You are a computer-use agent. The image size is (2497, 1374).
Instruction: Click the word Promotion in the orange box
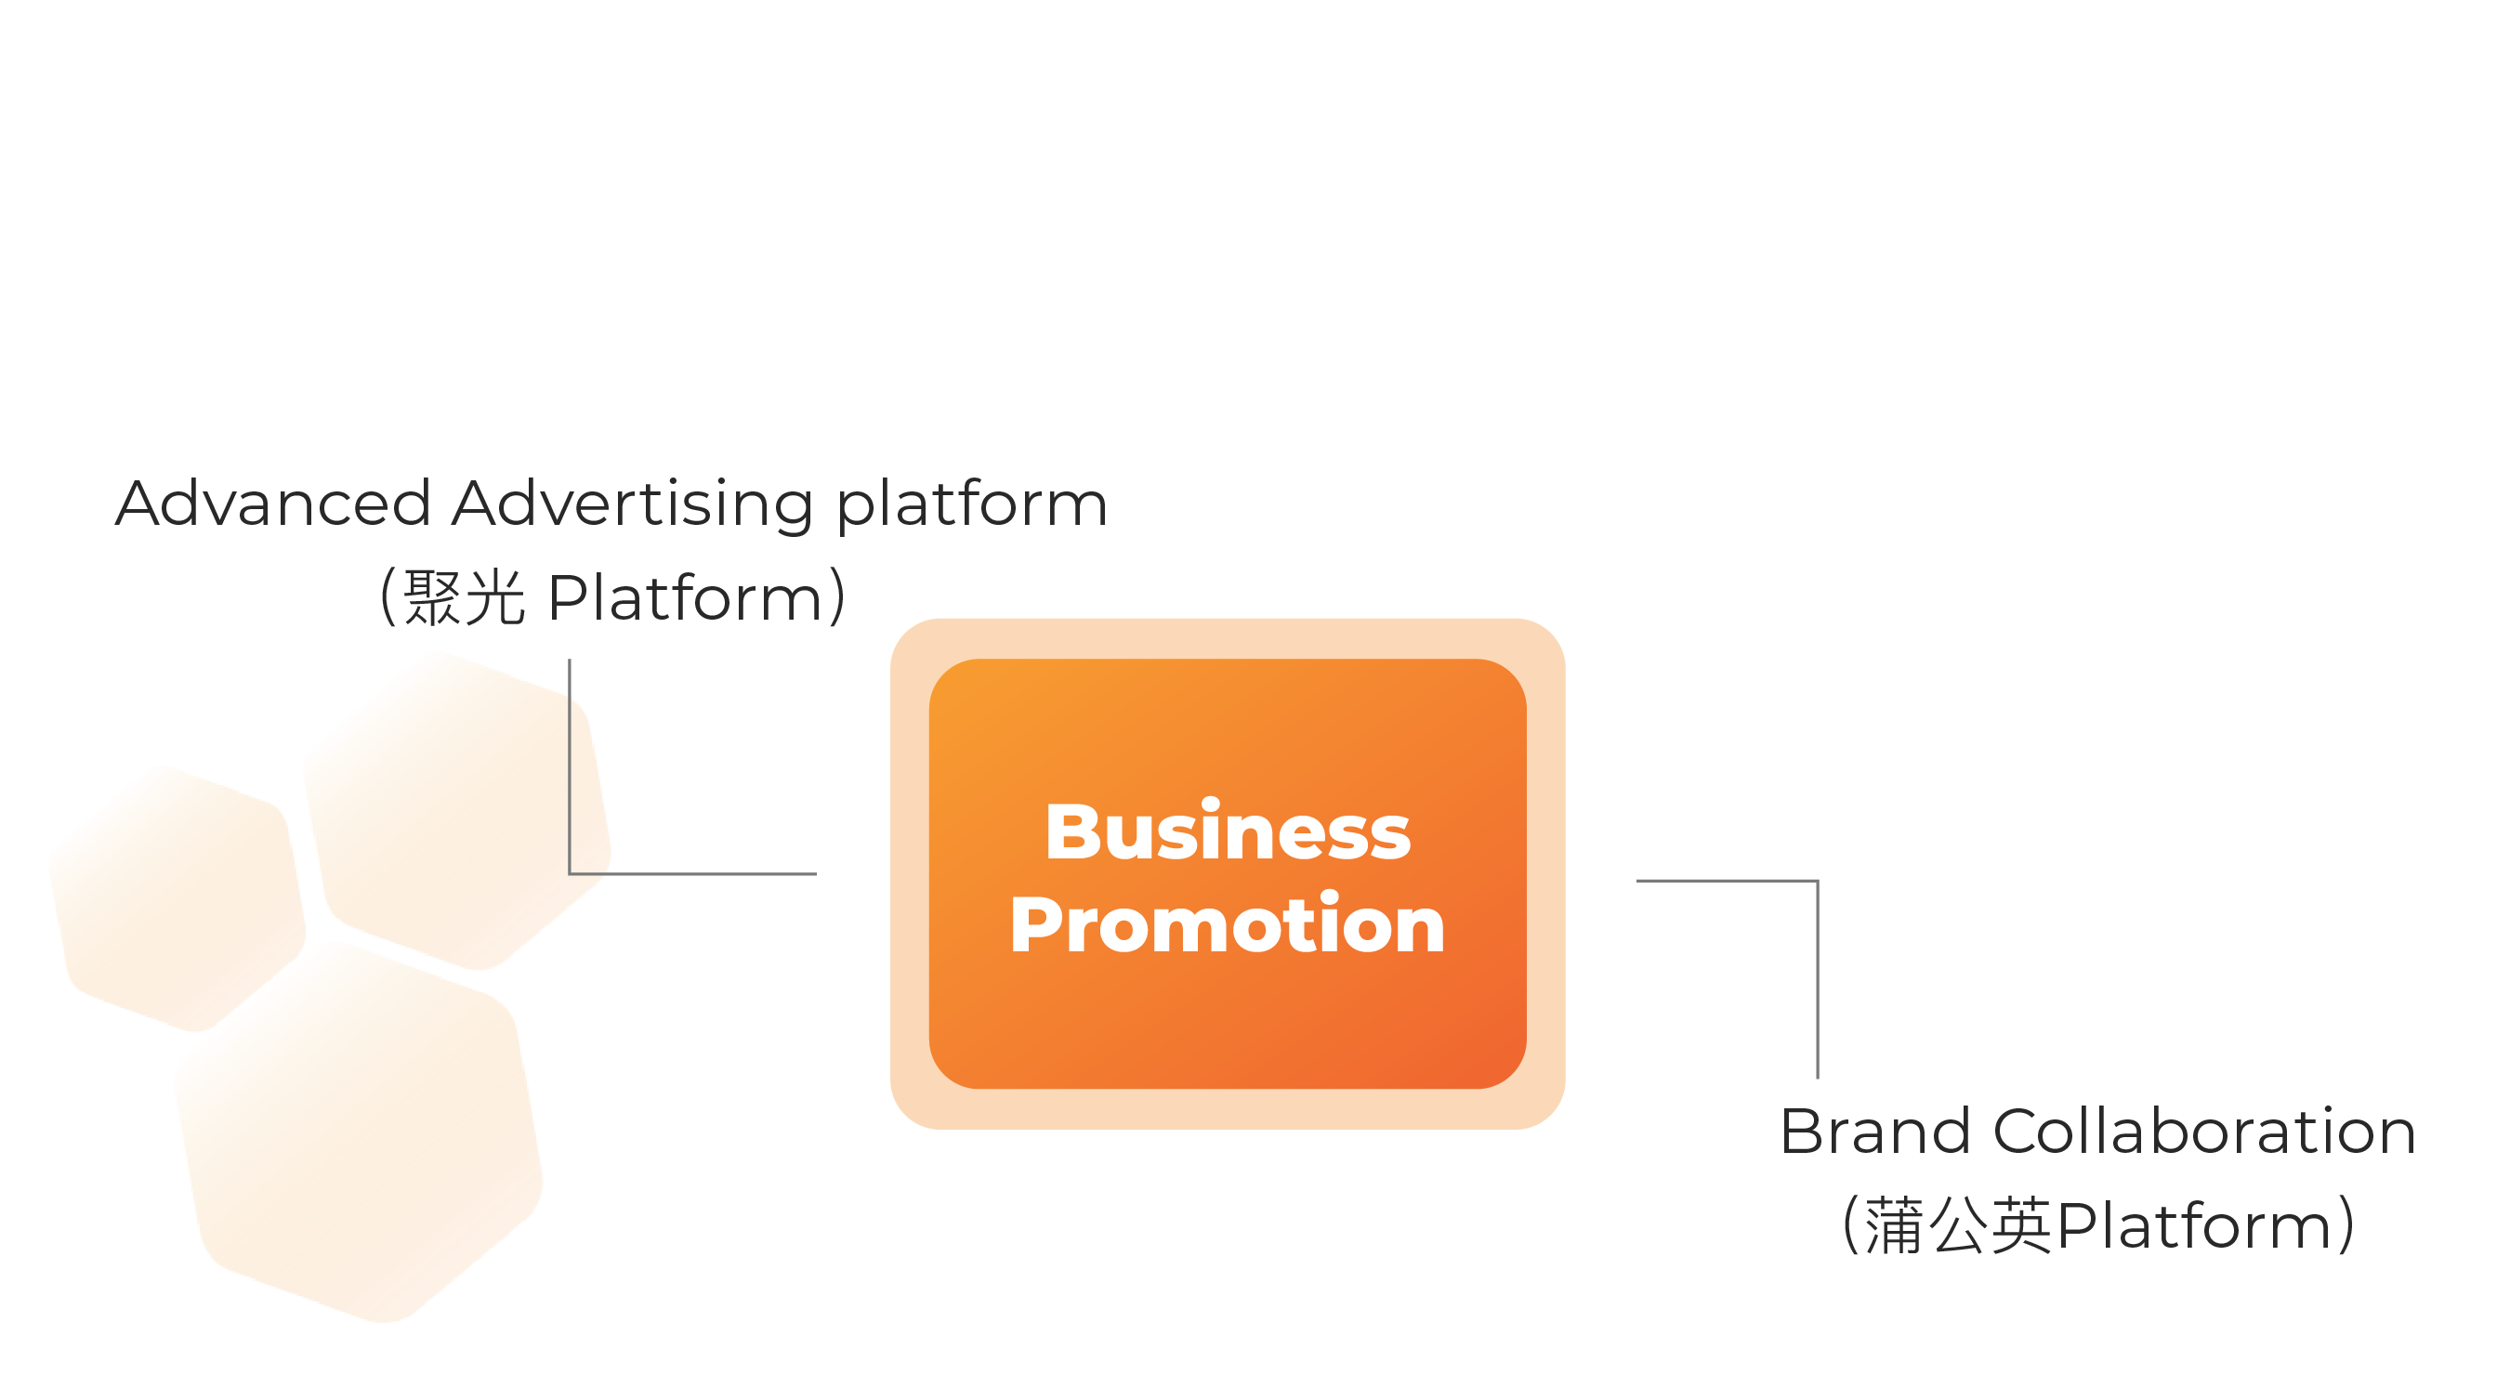click(x=1228, y=925)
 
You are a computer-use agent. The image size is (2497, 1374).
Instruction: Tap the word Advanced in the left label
click(x=272, y=504)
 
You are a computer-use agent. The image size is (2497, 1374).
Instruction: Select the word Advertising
click(x=632, y=505)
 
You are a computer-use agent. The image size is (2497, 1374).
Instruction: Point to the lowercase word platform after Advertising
click(x=971, y=505)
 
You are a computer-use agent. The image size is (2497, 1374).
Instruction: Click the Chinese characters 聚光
click(x=464, y=596)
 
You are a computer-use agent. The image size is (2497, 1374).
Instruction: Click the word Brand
click(x=1874, y=1131)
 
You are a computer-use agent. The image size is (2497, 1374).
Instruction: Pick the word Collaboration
click(x=2203, y=1131)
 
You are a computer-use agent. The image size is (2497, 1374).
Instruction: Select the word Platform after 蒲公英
click(x=2192, y=1225)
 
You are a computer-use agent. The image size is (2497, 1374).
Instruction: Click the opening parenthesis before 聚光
click(x=388, y=596)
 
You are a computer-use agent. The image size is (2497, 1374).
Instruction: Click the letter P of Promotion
click(x=1035, y=925)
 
